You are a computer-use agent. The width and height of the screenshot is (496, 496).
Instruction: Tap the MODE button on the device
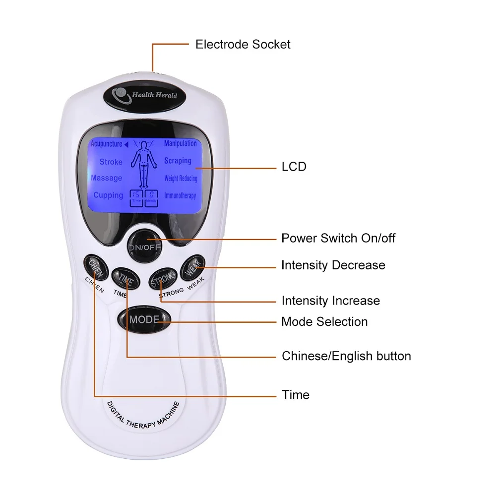coord(144,319)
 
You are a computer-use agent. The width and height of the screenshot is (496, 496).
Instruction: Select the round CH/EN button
coord(95,266)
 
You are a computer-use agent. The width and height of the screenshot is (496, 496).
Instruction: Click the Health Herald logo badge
coord(143,95)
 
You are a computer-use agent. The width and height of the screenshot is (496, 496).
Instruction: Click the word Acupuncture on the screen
coord(106,144)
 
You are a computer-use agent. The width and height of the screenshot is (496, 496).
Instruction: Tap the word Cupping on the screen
coord(108,195)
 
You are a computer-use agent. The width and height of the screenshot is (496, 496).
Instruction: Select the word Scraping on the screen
coord(178,161)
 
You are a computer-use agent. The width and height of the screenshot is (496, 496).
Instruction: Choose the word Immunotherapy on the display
coord(180,195)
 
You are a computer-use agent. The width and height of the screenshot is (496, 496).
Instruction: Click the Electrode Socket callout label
coord(243,44)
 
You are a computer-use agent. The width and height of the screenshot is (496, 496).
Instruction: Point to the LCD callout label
coord(294,167)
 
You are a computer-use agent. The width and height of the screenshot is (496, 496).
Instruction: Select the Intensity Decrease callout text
coord(333,265)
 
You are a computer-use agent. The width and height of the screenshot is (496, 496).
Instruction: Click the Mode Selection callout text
coord(324,321)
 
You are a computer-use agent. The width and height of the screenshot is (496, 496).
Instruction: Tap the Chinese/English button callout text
coord(346,356)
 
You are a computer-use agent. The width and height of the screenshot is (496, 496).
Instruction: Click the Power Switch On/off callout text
coord(338,238)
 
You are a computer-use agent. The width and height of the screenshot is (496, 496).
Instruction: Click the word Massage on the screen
coord(107,178)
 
